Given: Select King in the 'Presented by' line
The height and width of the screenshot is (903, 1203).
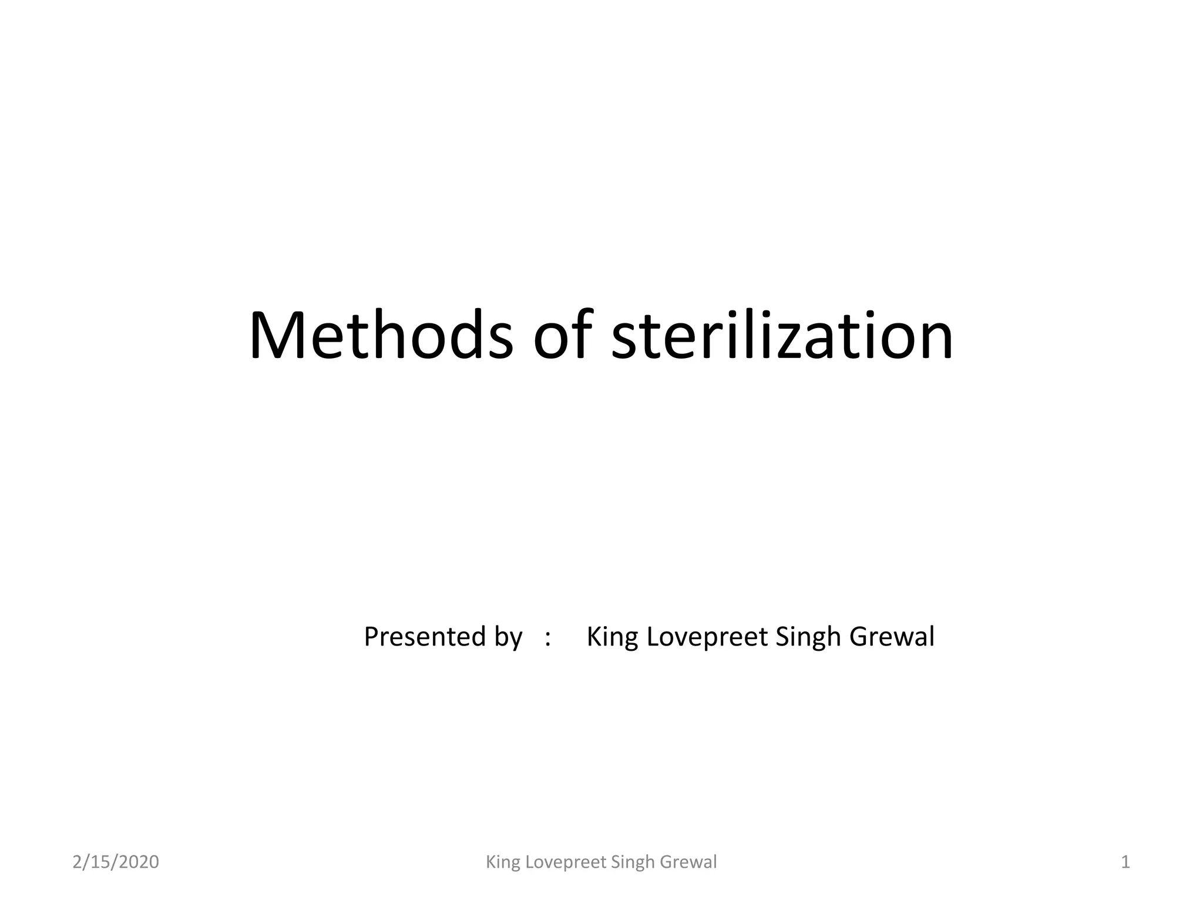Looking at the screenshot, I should click(x=613, y=637).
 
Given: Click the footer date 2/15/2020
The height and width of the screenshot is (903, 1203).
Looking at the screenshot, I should click(x=116, y=862).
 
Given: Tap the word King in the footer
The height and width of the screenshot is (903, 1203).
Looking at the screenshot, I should click(x=503, y=862).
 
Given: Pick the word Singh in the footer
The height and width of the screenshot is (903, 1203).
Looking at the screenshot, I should click(x=633, y=862).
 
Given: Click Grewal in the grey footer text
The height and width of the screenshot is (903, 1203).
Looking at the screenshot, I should click(x=688, y=862).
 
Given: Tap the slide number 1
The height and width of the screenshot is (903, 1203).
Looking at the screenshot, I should click(x=1125, y=862).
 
